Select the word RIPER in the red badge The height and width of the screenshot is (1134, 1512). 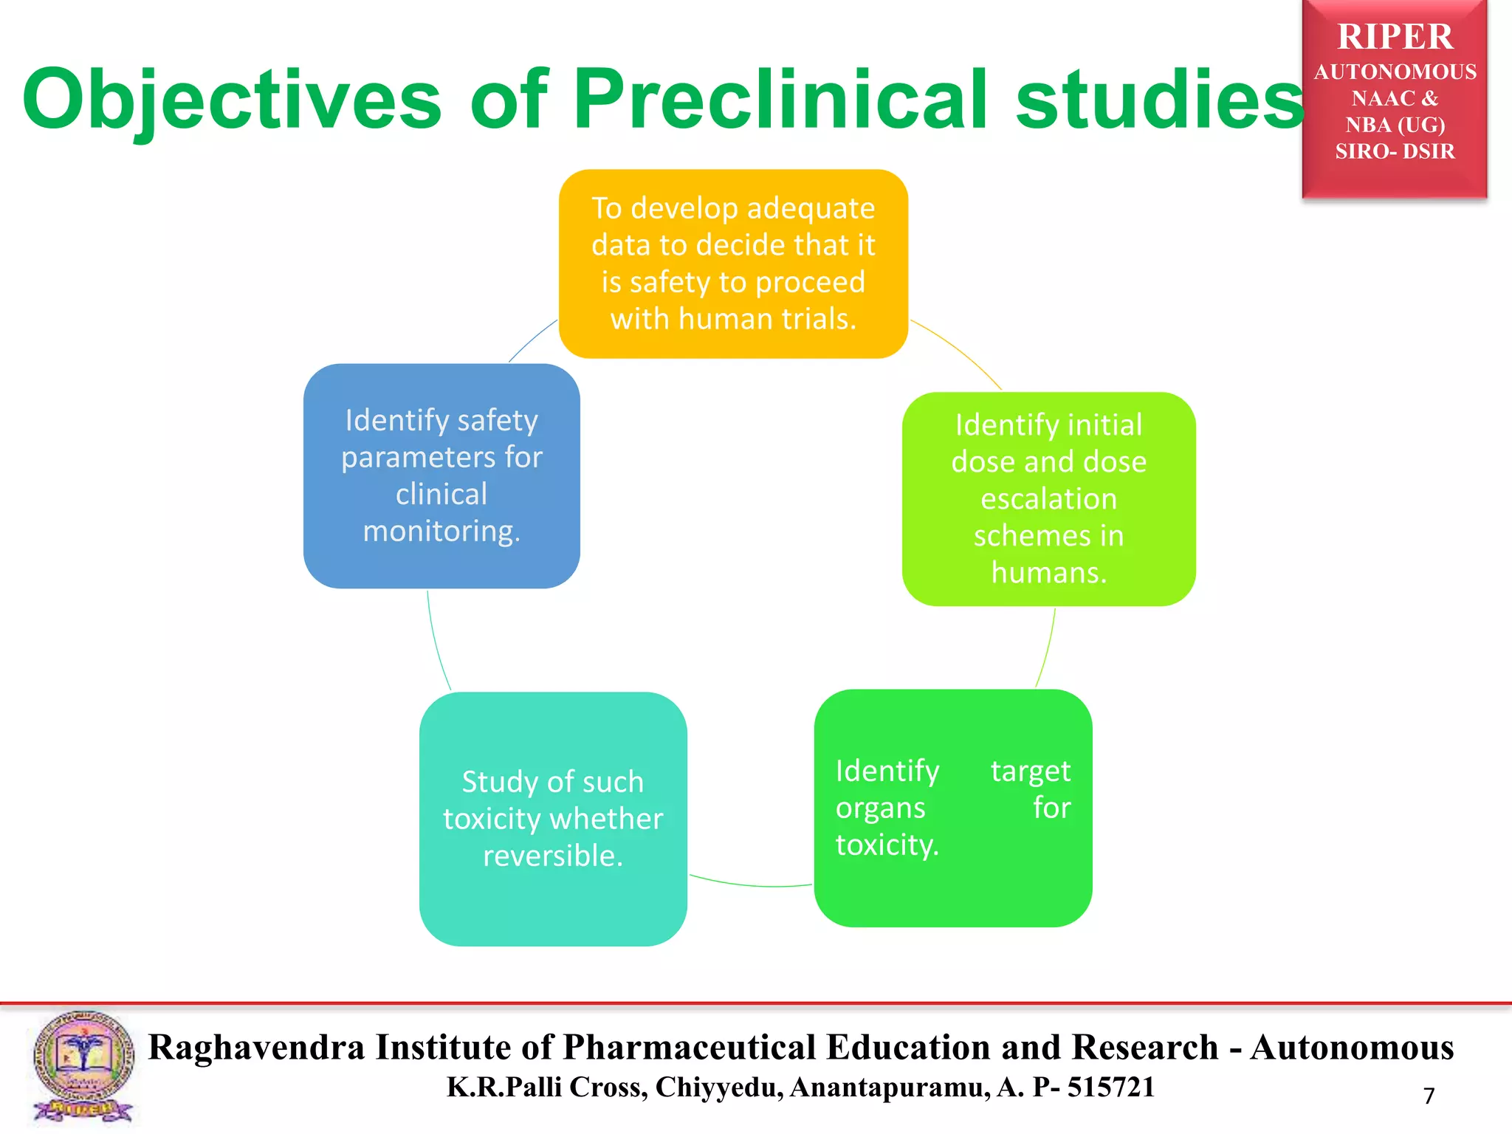click(x=1395, y=37)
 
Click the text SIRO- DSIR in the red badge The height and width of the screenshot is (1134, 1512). click(x=1395, y=151)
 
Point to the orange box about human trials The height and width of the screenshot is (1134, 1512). click(x=733, y=264)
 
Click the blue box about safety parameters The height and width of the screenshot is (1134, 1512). click(x=441, y=475)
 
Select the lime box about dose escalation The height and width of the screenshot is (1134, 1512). click(x=1048, y=498)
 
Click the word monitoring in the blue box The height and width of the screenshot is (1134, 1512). click(x=441, y=532)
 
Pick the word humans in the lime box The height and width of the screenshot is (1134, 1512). click(x=1048, y=573)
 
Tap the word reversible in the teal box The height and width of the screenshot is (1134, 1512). click(x=553, y=856)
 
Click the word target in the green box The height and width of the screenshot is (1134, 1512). click(x=1030, y=771)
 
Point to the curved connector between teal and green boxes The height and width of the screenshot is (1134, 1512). click(x=751, y=884)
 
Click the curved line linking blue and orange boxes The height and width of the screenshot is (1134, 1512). click(x=532, y=340)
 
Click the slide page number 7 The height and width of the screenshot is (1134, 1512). click(x=1429, y=1096)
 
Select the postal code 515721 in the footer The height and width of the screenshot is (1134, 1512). click(x=1110, y=1087)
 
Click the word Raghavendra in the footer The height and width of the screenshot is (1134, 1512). click(x=256, y=1047)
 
